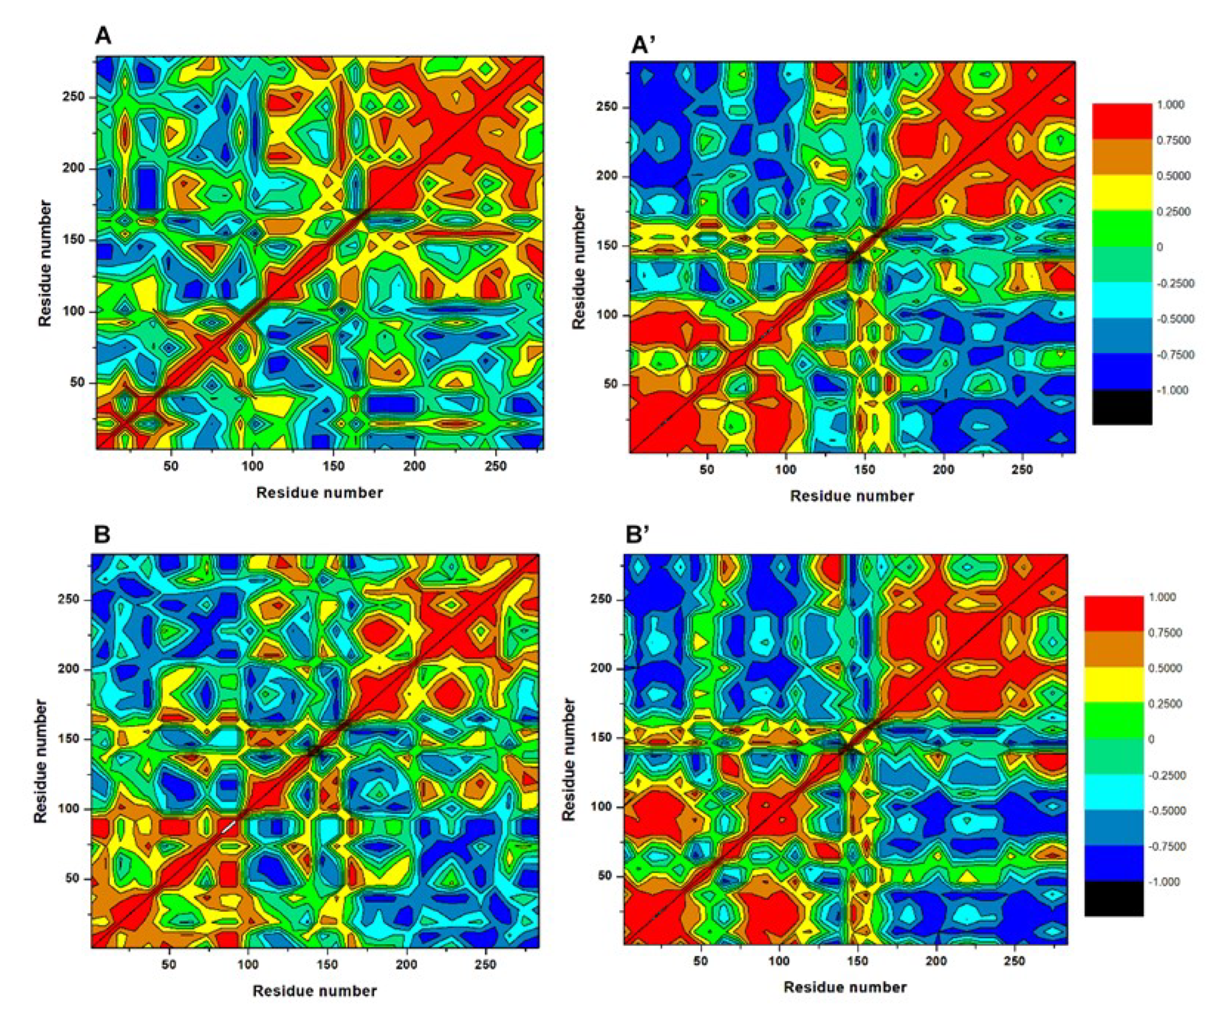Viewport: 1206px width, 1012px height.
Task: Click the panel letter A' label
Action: (643, 45)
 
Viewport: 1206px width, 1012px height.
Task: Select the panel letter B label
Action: (102, 535)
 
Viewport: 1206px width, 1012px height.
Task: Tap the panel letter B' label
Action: (637, 535)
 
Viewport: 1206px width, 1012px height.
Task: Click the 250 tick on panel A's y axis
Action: (73, 96)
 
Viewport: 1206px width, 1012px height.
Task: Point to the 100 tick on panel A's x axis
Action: (252, 466)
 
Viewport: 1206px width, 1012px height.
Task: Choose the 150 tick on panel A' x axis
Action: (864, 469)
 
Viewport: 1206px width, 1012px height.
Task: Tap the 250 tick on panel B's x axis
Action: (486, 965)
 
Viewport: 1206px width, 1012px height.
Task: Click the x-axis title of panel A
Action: (319, 492)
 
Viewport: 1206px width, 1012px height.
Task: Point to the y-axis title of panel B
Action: (40, 761)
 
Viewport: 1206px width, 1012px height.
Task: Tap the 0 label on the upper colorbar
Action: (1160, 247)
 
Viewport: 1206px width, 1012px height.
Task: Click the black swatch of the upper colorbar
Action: (1122, 407)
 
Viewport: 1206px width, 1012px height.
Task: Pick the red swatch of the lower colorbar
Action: (1114, 614)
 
